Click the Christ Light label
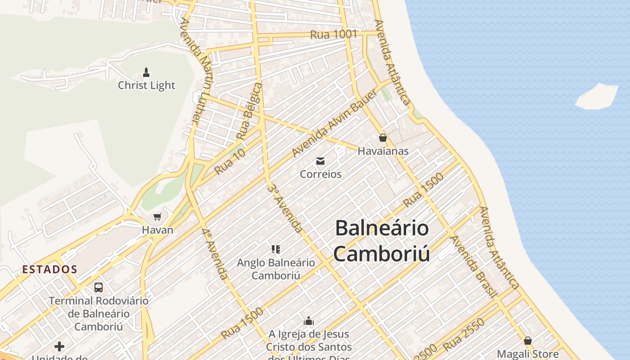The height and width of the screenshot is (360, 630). [x=146, y=85]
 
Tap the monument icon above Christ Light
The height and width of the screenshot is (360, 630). [x=146, y=72]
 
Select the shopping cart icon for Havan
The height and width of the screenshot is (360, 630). [x=157, y=217]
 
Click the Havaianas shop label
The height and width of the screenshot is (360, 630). [x=383, y=151]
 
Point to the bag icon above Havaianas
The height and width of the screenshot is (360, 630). [x=383, y=138]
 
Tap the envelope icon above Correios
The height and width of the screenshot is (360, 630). [x=320, y=161]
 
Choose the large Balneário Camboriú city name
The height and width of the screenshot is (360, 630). [x=382, y=241]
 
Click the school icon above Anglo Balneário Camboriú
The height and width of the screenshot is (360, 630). [x=276, y=249]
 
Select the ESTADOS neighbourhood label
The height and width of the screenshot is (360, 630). [x=50, y=270]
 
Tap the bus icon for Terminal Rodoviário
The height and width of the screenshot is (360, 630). [x=98, y=287]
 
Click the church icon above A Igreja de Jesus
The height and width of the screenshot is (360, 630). [x=309, y=321]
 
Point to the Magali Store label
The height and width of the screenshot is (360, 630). [x=528, y=354]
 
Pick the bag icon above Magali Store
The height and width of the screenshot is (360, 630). [x=528, y=341]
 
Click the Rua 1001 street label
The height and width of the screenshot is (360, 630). [x=333, y=34]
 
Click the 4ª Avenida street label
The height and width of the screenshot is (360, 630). [x=215, y=254]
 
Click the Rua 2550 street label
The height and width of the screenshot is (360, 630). [x=463, y=335]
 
